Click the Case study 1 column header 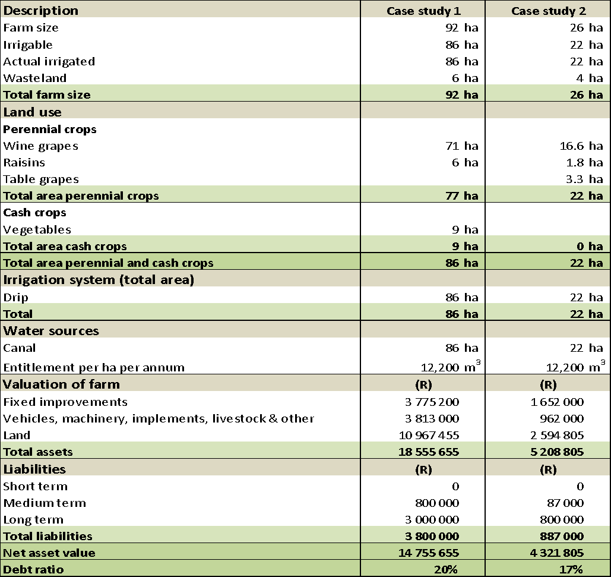[423, 11]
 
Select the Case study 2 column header [548, 11]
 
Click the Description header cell [40, 11]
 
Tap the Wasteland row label [34, 78]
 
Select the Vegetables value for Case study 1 [465, 229]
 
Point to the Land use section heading [32, 112]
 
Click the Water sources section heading [51, 331]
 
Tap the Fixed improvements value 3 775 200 [432, 402]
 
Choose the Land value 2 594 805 [557, 435]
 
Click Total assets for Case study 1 [429, 452]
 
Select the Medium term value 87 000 [565, 503]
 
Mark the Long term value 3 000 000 [432, 520]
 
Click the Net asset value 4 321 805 [557, 553]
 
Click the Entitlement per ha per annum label [94, 368]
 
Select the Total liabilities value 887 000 [562, 536]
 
